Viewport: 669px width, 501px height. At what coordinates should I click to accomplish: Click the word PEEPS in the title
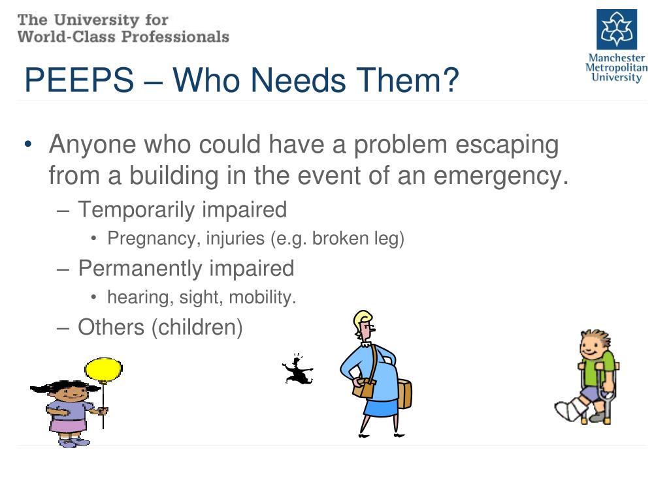tap(79, 80)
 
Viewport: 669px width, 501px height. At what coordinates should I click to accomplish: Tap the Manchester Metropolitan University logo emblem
tap(617, 29)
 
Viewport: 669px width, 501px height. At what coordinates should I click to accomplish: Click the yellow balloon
tap(103, 370)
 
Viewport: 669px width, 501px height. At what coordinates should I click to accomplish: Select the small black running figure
tap(298, 369)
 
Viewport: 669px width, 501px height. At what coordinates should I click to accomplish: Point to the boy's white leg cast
tap(571, 410)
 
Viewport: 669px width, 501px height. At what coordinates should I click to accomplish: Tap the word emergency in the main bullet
tap(501, 175)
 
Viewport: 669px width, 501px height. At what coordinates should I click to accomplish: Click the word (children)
tap(197, 327)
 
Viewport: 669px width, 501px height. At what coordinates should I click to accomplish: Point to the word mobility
tap(263, 297)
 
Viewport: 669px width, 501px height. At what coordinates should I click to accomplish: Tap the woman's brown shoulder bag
tap(363, 387)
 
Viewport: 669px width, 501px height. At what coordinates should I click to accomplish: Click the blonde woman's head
tap(365, 326)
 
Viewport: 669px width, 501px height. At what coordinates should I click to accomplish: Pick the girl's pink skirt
tap(68, 424)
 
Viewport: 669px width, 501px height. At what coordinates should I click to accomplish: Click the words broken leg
tap(358, 239)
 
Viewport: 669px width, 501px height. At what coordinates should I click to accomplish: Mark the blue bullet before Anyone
tap(28, 144)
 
